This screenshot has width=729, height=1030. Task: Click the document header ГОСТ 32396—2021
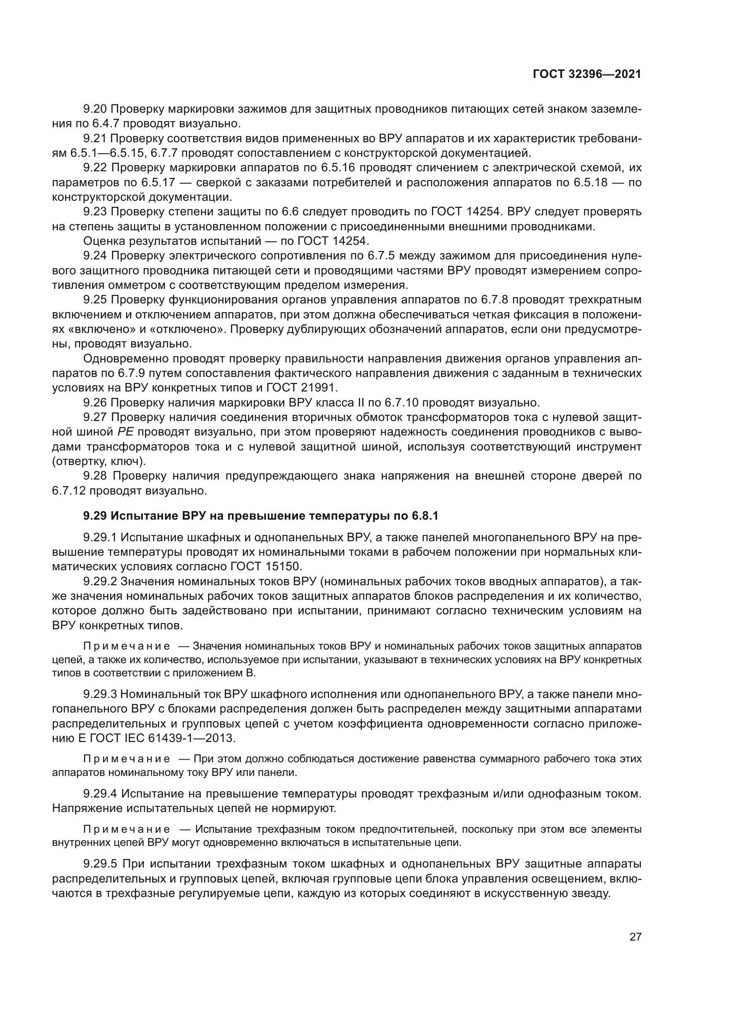pos(587,74)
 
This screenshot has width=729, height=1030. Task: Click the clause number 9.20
pos(95,109)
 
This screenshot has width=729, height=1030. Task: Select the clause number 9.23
pos(95,212)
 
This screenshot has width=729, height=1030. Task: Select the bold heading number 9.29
pos(95,517)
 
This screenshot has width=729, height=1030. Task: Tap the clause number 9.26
pos(95,402)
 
